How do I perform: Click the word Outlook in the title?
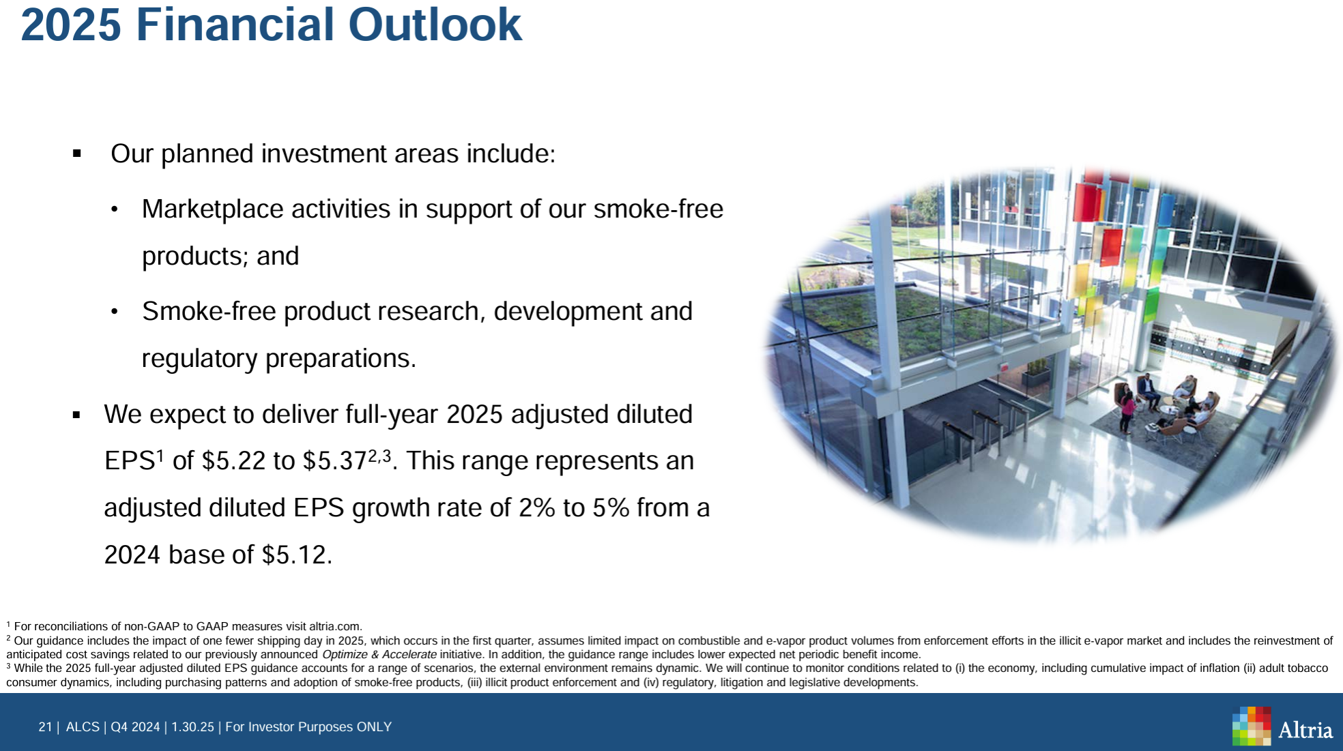pyautogui.click(x=435, y=25)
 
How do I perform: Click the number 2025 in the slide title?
pyautogui.click(x=71, y=25)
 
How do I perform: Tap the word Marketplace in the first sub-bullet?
pyautogui.click(x=212, y=209)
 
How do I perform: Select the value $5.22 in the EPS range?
pyautogui.click(x=233, y=461)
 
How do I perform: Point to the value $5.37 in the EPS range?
pyautogui.click(x=335, y=461)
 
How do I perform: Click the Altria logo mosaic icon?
pyautogui.click(x=1252, y=726)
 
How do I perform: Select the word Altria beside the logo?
pyautogui.click(x=1305, y=731)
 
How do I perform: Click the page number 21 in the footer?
pyautogui.click(x=45, y=727)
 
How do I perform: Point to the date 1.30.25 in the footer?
pyautogui.click(x=192, y=727)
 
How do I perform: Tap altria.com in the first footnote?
pyautogui.click(x=334, y=626)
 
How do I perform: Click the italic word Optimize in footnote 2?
pyautogui.click(x=345, y=655)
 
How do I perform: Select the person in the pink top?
pyautogui.click(x=1127, y=411)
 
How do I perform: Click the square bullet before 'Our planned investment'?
pyautogui.click(x=77, y=154)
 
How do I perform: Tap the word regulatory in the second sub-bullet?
pyautogui.click(x=200, y=359)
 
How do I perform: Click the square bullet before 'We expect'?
pyautogui.click(x=77, y=415)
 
